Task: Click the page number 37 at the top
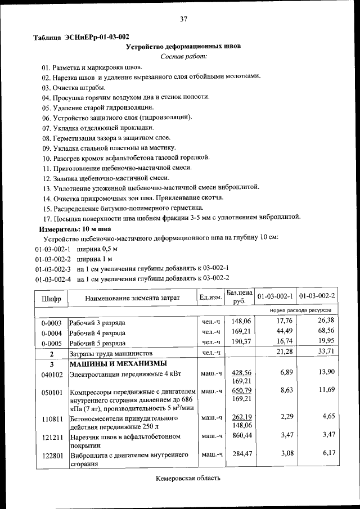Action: [x=183, y=19]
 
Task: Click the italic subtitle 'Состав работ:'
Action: [x=183, y=56]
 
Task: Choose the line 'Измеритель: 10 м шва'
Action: [x=75, y=229]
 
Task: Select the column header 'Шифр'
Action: [x=51, y=298]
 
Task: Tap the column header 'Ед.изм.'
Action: [x=211, y=297]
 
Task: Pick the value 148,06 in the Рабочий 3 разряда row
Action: [x=240, y=321]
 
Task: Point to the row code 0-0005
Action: [x=51, y=342]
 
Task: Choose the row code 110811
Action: [x=51, y=420]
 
